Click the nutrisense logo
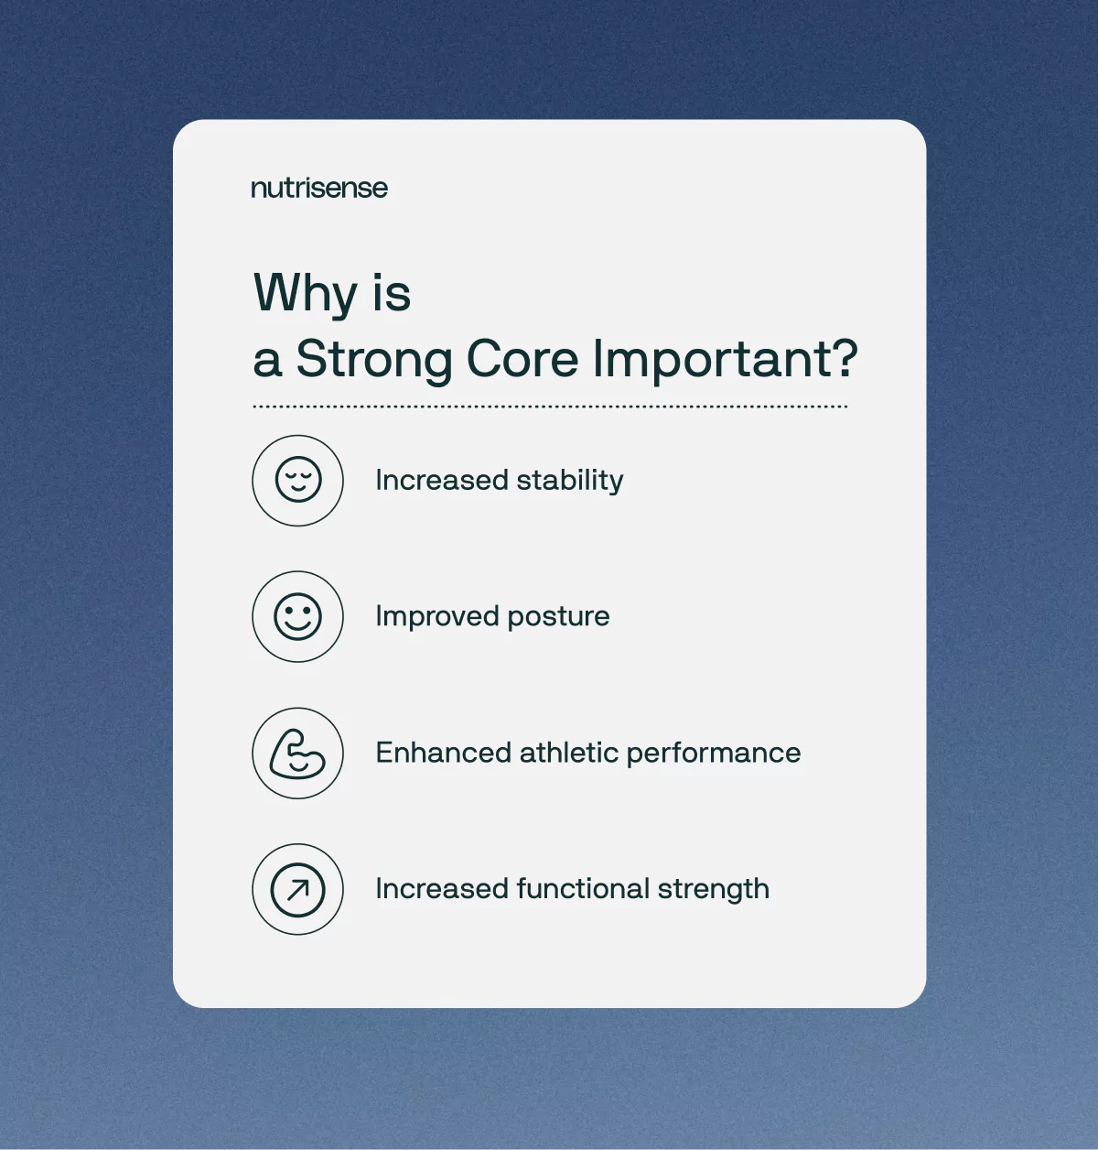point(319,188)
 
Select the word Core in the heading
point(522,359)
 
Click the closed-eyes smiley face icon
point(298,479)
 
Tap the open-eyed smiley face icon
point(297,616)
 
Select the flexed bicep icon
point(297,754)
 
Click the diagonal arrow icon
point(297,889)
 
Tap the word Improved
point(437,617)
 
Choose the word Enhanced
point(444,753)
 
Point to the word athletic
point(569,753)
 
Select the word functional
point(584,889)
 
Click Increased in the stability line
point(442,480)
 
